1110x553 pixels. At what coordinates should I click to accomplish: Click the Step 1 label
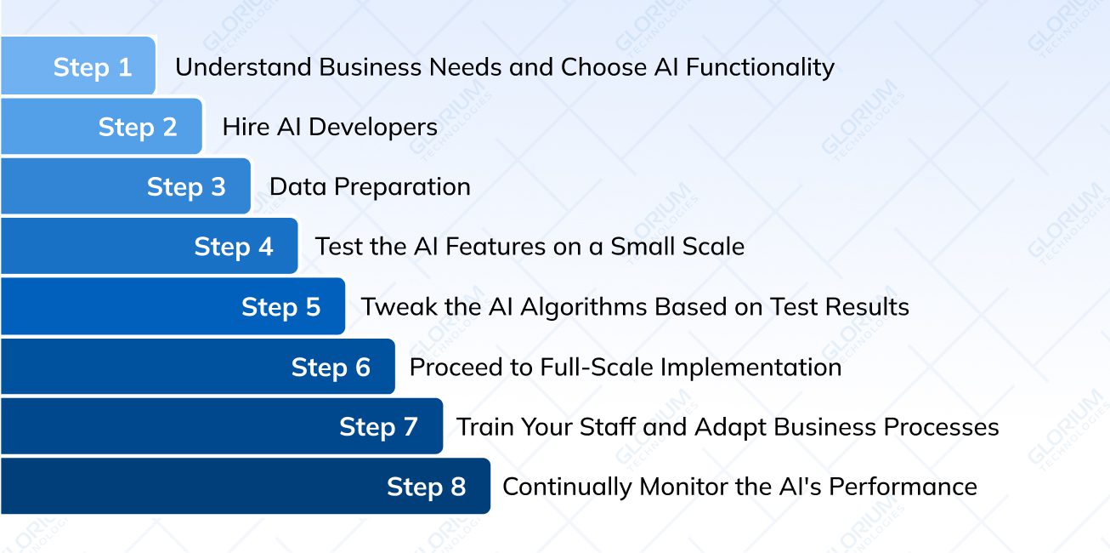click(93, 67)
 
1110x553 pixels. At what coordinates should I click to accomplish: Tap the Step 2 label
click(138, 128)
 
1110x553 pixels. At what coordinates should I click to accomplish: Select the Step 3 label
click(186, 187)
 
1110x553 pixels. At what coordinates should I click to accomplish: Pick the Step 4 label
click(234, 247)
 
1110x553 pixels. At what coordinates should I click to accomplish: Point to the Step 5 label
click(281, 307)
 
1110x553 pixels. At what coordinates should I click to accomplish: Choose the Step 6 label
click(331, 368)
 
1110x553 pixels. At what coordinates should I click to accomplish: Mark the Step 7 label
click(378, 427)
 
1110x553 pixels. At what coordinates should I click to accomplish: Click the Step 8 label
click(427, 487)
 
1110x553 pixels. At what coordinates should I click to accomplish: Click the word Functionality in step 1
click(760, 68)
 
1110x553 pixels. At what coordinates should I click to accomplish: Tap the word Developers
click(373, 128)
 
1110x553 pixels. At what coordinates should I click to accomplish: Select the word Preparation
click(402, 187)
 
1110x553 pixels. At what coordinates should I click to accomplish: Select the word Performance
click(903, 487)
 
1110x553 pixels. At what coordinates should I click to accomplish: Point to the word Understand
click(243, 67)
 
